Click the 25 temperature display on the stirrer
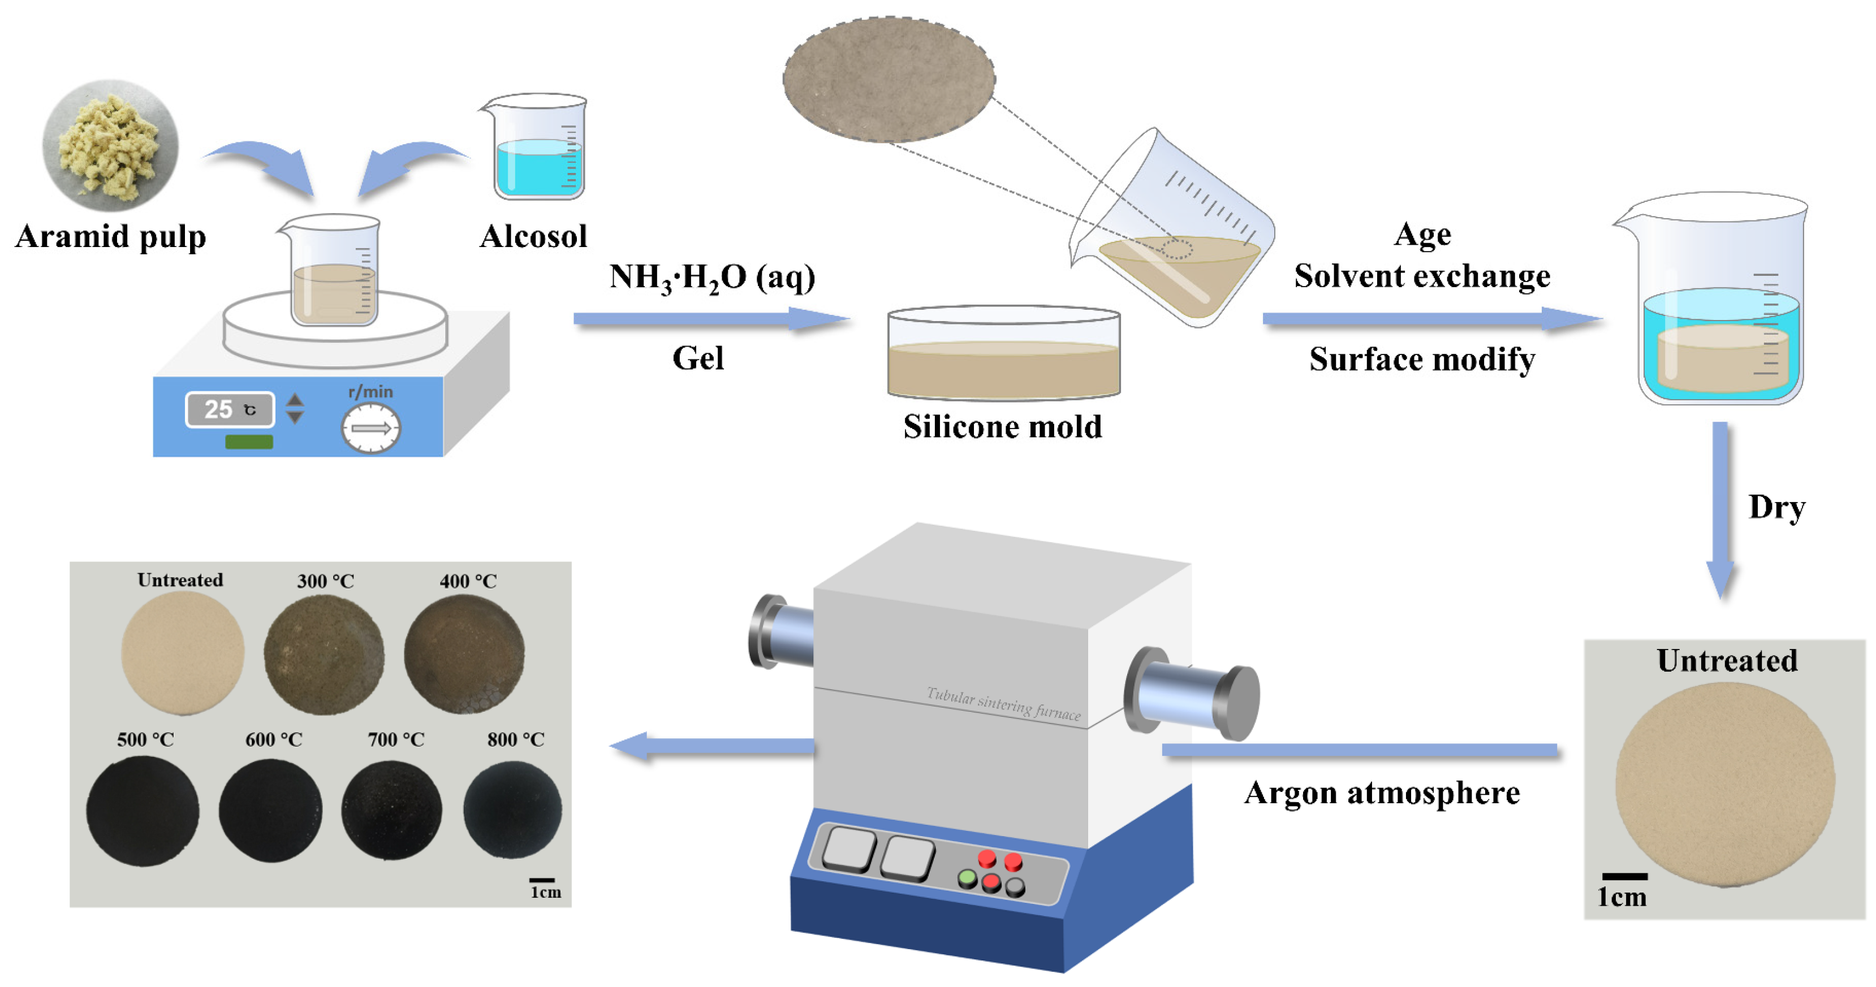[230, 409]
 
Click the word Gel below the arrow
[698, 358]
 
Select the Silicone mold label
[1002, 427]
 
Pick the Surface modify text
[1422, 359]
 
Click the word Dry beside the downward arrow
[1776, 507]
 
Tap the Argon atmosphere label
[1382, 793]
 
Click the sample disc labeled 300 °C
[324, 653]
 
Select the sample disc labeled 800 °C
[513, 809]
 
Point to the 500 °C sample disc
[143, 811]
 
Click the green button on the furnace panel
[967, 878]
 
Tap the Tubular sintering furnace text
[1003, 703]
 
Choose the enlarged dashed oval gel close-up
[889, 79]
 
